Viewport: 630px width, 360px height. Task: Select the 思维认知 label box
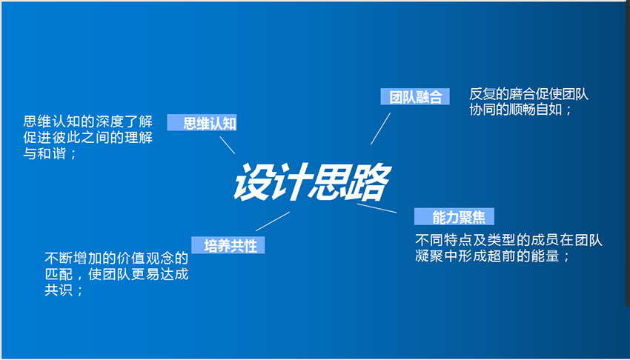pyautogui.click(x=202, y=122)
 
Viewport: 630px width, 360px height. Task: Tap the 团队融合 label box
pyautogui.click(x=415, y=96)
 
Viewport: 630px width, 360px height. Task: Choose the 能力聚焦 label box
pyautogui.click(x=454, y=217)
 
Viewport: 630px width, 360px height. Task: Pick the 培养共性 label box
pyautogui.click(x=228, y=245)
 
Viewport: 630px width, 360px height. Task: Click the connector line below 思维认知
pyautogui.click(x=227, y=145)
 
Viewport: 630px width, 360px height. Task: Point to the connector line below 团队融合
pyautogui.click(x=380, y=129)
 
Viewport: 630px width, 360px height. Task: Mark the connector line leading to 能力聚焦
pyautogui.click(x=377, y=208)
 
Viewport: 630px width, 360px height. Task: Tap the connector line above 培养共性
pyautogui.click(x=273, y=221)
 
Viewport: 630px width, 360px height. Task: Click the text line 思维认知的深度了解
pyautogui.click(x=88, y=121)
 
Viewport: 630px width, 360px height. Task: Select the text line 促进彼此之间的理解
pyautogui.click(x=88, y=137)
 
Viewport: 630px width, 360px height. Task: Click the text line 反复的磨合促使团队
pyautogui.click(x=528, y=94)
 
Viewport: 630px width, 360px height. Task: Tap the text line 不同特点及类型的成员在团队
pyautogui.click(x=508, y=240)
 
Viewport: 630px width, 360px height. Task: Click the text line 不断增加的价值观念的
pyautogui.click(x=116, y=258)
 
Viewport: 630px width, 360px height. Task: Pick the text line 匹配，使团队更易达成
pyautogui.click(x=116, y=274)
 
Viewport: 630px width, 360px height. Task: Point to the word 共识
pyautogui.click(x=59, y=290)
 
